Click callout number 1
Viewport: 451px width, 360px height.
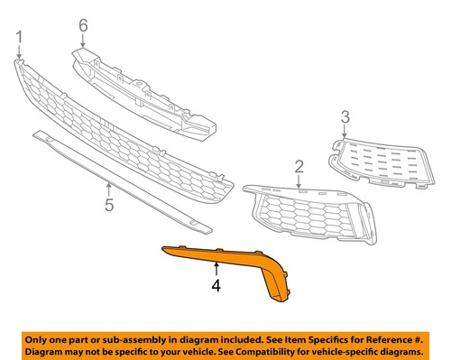[19, 37]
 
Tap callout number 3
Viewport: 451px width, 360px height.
[344, 115]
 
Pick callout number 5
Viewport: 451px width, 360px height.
[108, 205]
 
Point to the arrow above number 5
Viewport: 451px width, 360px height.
[108, 189]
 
